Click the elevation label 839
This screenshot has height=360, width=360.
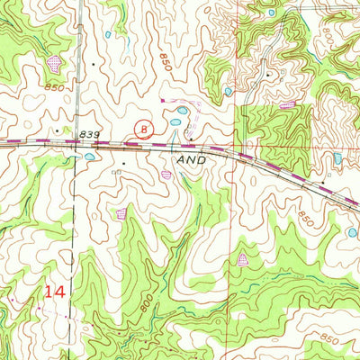(90, 133)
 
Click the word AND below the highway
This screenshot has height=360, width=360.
(191, 157)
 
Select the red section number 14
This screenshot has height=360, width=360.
(54, 292)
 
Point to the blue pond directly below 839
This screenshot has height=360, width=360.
(90, 156)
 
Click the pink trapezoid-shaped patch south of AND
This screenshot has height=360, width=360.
(241, 260)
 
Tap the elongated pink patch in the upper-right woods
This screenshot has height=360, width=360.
(288, 105)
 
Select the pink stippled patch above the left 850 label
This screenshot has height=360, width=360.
(56, 63)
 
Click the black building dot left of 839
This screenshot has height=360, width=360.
(58, 130)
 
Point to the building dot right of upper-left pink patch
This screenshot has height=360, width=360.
(91, 66)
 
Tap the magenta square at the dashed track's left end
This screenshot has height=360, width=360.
(161, 101)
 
